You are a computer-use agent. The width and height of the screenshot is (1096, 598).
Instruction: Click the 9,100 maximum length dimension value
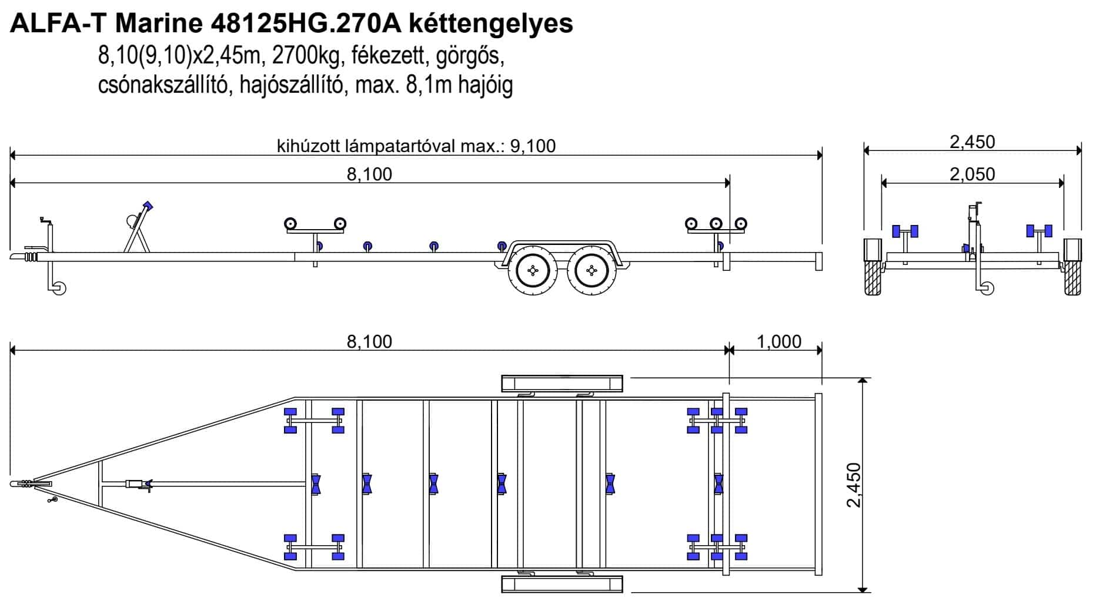pyautogui.click(x=533, y=146)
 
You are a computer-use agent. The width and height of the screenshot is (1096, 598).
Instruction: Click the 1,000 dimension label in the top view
pyautogui.click(x=779, y=341)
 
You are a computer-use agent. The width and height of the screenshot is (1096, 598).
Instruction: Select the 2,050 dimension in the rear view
pyautogui.click(x=973, y=174)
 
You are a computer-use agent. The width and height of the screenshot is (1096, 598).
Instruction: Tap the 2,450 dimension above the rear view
pyautogui.click(x=973, y=142)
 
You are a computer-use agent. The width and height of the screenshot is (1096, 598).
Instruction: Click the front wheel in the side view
pyautogui.click(x=533, y=270)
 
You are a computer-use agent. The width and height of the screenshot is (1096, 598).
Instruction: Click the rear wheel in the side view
pyautogui.click(x=592, y=270)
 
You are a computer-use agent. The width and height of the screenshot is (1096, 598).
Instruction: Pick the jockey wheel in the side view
pyautogui.click(x=59, y=288)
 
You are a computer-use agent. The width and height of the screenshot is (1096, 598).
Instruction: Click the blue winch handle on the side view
pyautogui.click(x=148, y=207)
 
